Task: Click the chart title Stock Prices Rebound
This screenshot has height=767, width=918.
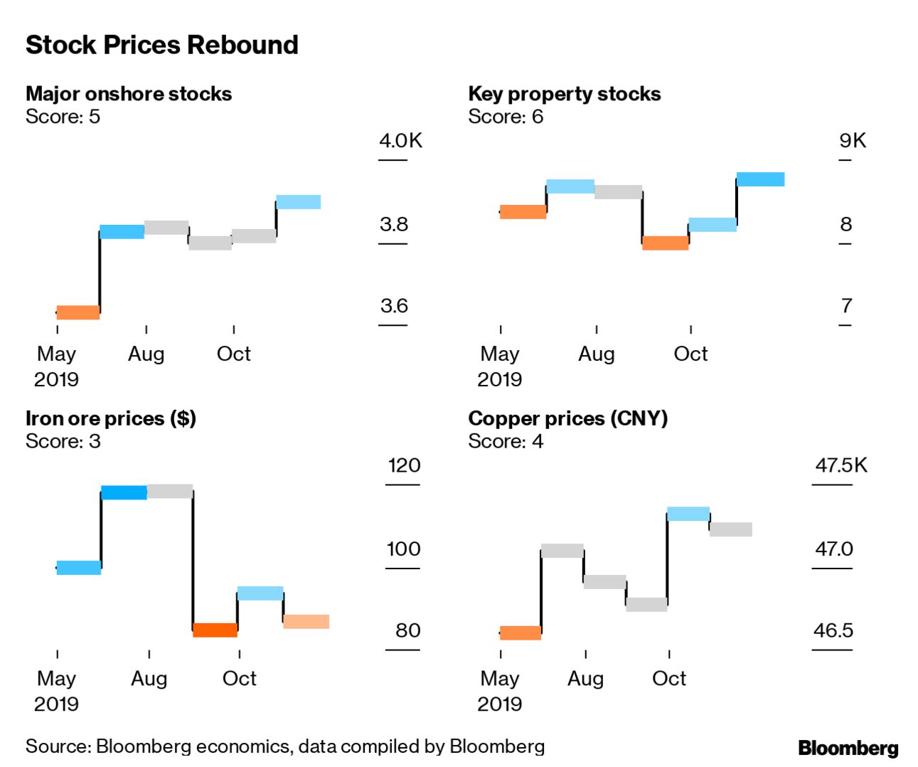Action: [161, 45]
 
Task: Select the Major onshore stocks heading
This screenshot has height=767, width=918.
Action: [129, 94]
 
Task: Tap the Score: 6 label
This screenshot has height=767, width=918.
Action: [506, 117]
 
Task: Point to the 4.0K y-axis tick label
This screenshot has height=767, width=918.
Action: [400, 140]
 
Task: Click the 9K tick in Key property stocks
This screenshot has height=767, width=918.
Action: [853, 140]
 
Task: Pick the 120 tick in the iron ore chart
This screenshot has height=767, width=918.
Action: [404, 465]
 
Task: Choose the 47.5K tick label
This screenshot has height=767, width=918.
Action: [841, 465]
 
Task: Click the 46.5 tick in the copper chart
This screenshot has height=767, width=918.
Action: [833, 630]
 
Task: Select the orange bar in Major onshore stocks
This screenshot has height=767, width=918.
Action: [78, 312]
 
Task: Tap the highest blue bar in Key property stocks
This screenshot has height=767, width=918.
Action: [760, 179]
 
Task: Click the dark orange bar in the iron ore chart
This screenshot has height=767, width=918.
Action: [215, 630]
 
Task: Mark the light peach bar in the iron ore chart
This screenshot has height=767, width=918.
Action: [306, 622]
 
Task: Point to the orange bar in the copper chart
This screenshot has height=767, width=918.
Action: [521, 633]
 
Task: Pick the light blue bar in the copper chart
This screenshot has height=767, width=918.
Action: [688, 514]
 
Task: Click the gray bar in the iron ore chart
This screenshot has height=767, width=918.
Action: [170, 491]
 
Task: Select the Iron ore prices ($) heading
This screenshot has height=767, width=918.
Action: [111, 418]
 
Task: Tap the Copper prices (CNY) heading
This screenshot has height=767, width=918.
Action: [567, 418]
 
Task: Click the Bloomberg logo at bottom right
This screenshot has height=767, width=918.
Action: [848, 748]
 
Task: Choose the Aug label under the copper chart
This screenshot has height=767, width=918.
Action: [585, 678]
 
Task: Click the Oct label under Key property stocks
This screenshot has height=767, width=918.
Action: [690, 354]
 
